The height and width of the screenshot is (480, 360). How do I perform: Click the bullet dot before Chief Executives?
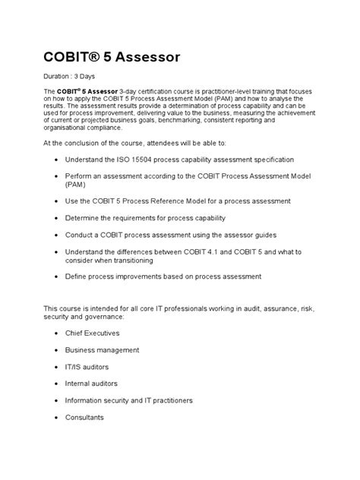(58, 333)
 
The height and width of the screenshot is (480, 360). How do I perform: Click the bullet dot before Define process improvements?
(58, 276)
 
